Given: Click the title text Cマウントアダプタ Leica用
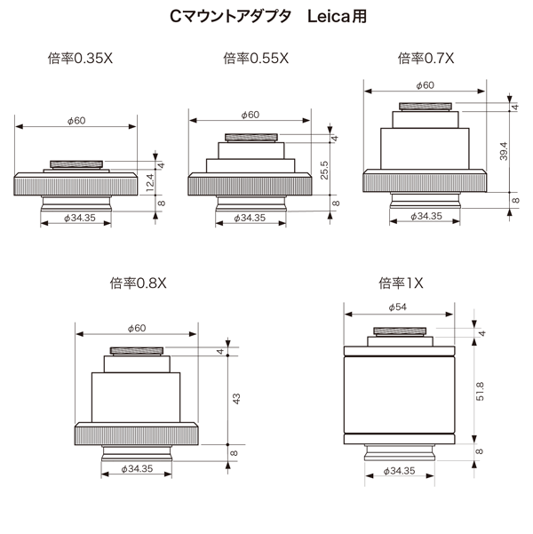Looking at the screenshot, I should (266, 17).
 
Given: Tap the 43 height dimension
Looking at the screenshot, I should (235, 399).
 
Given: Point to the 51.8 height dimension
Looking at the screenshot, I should (480, 390).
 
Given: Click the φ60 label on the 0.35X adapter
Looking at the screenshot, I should (76, 121).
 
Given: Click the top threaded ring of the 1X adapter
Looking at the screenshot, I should (400, 332).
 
